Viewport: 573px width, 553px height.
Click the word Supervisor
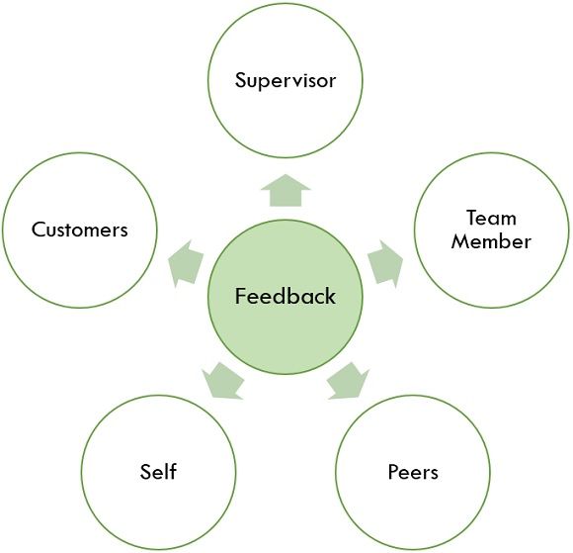(286, 80)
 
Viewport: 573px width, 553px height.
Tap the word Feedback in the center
(286, 296)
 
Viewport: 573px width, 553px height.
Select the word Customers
(80, 230)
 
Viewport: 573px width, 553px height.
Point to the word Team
(491, 218)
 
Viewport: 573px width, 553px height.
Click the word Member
(491, 241)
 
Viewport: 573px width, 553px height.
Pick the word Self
(158, 471)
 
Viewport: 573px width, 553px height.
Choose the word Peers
(413, 472)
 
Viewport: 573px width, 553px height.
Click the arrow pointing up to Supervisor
(286, 191)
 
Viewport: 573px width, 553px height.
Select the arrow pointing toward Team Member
(386, 263)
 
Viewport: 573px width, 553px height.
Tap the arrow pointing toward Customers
(186, 263)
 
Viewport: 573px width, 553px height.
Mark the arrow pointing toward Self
(223, 381)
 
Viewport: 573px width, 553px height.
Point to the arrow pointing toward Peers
(349, 381)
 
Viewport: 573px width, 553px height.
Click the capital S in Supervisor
(241, 80)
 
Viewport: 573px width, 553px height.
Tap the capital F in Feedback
(240, 296)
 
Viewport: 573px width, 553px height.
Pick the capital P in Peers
(394, 472)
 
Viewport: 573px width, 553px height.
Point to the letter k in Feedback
(329, 296)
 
